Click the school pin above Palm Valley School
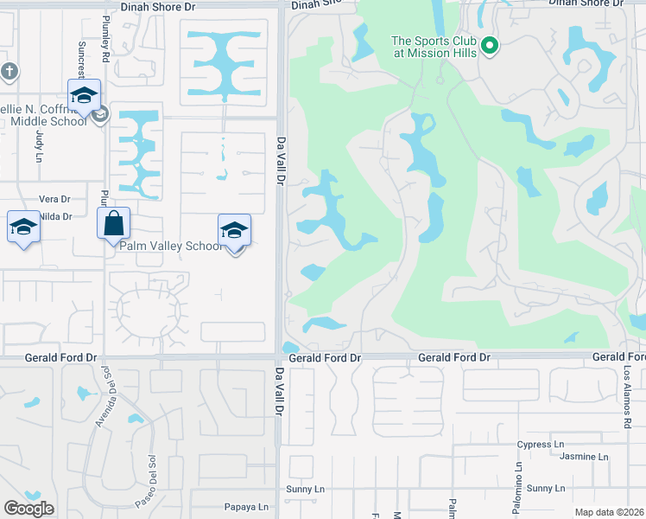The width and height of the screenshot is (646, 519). click(234, 231)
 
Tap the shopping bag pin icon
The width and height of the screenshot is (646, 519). click(113, 224)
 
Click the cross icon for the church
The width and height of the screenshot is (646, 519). click(9, 71)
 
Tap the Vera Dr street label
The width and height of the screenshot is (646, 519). click(54, 199)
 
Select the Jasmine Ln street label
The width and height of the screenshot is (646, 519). click(584, 457)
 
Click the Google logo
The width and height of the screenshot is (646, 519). click(28, 509)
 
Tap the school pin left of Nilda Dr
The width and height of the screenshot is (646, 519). click(23, 227)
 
